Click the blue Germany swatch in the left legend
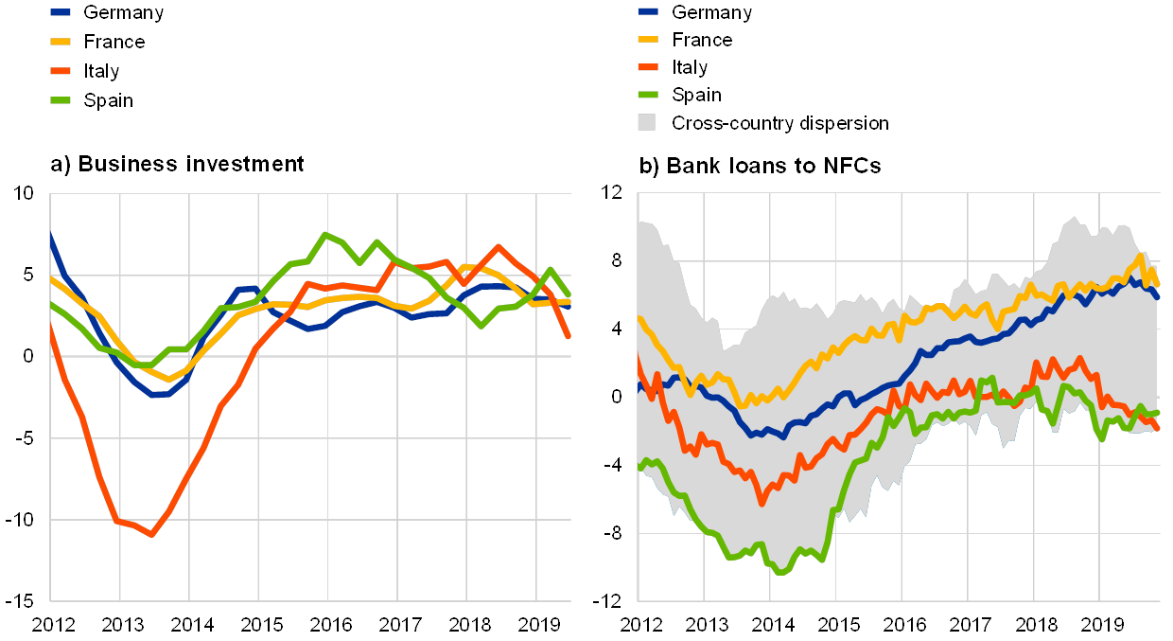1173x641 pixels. click(x=60, y=12)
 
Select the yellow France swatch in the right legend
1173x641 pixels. click(x=648, y=40)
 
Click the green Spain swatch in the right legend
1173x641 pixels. click(x=648, y=95)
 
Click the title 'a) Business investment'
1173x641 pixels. click(x=177, y=165)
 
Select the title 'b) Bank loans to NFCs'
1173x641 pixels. click(x=762, y=166)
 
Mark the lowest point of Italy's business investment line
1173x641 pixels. click(x=151, y=535)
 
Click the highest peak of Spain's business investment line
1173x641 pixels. click(x=325, y=234)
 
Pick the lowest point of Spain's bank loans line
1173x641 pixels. click(x=779, y=572)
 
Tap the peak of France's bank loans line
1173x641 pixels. click(x=1141, y=255)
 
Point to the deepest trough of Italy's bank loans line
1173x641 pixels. click(x=762, y=503)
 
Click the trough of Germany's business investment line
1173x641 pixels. click(x=156, y=394)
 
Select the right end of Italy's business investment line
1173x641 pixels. click(x=569, y=336)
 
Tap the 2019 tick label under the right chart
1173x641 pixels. click(x=1103, y=625)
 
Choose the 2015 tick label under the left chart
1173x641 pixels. click(x=261, y=625)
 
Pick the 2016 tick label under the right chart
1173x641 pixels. click(x=904, y=625)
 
